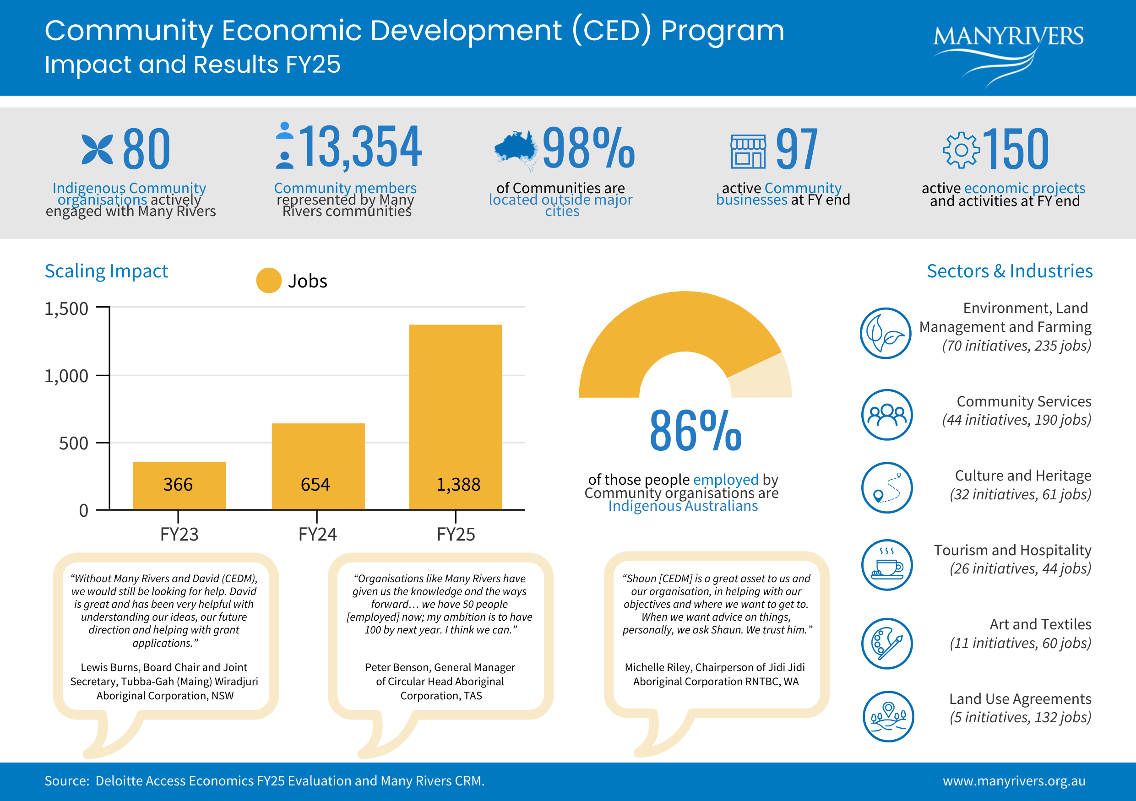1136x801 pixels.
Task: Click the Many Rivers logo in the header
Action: [1008, 54]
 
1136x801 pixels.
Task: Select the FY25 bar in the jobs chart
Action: [455, 417]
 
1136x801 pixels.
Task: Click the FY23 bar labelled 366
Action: [179, 486]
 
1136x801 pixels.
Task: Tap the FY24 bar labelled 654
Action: [318, 466]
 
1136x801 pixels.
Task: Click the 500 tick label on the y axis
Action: [73, 443]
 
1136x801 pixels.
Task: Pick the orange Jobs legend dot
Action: [269, 280]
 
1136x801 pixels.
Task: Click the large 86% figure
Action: [695, 431]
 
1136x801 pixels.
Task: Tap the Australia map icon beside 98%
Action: [516, 150]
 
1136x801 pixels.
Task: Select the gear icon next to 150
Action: [961, 150]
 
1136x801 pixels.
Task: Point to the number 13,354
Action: [360, 146]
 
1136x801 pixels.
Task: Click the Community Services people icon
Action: [886, 414]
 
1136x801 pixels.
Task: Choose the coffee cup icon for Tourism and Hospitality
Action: [886, 565]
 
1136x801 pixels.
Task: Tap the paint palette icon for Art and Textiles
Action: [886, 643]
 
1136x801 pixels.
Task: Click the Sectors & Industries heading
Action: [1009, 271]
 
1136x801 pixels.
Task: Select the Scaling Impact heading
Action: [106, 271]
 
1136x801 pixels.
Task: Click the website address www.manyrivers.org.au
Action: [1014, 781]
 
